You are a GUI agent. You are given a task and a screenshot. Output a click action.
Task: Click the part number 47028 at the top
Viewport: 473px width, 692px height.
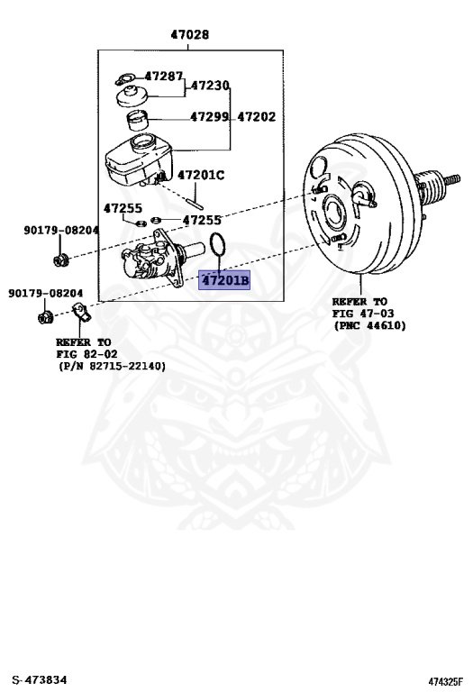(190, 34)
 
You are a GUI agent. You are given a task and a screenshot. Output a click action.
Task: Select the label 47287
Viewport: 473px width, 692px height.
(163, 77)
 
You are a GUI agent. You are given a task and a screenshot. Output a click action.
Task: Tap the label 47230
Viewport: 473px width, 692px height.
(210, 86)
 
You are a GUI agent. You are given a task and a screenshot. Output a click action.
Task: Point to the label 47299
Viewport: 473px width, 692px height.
(209, 116)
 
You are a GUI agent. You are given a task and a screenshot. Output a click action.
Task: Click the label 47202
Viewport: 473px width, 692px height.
(257, 116)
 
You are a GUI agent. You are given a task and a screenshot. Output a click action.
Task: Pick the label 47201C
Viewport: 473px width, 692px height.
(201, 175)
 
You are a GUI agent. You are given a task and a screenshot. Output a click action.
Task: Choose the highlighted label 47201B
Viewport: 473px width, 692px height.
(224, 280)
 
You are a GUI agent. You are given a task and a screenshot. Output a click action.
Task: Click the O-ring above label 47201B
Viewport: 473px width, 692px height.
(217, 244)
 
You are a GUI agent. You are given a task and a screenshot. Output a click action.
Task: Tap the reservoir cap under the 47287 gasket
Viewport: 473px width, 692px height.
(132, 96)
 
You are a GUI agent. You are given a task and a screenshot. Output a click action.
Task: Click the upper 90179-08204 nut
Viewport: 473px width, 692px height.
(60, 259)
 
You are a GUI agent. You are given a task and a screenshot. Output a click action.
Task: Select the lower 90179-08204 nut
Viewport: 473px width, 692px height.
(45, 316)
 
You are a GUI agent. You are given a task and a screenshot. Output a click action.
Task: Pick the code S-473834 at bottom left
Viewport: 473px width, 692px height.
(40, 680)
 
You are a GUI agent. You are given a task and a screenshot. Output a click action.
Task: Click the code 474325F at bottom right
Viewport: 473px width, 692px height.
(446, 682)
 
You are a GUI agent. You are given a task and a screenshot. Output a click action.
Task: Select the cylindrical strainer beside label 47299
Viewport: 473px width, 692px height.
(137, 121)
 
